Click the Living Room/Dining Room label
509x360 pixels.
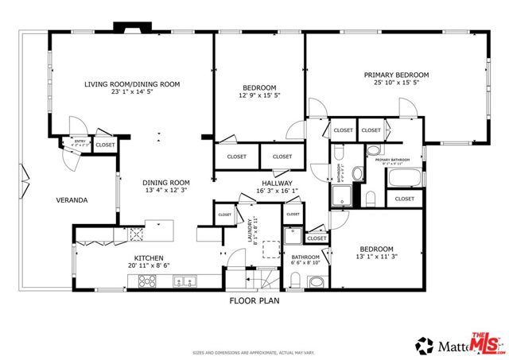(x=134, y=83)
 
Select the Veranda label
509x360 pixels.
(x=72, y=200)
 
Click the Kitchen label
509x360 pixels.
(x=148, y=258)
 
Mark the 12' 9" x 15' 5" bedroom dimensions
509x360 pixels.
(x=259, y=95)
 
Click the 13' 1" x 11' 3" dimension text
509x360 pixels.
(x=376, y=257)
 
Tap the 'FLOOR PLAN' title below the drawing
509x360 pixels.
(x=254, y=301)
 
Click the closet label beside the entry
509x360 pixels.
(x=105, y=145)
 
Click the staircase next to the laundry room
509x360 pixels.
(x=263, y=279)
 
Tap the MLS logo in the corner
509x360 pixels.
(x=486, y=343)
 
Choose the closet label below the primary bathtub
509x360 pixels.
(x=404, y=199)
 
